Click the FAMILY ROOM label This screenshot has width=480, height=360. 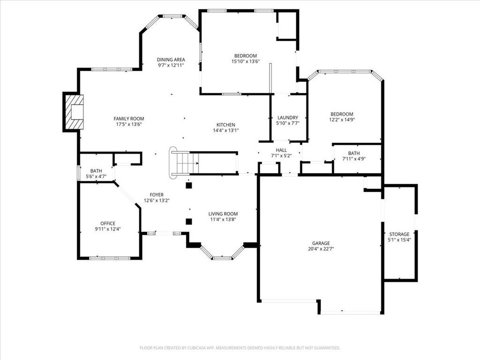[x=128, y=119]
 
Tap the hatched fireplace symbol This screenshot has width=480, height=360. [x=74, y=112]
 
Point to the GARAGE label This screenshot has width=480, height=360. [x=321, y=243]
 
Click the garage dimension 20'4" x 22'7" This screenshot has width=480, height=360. [x=321, y=249]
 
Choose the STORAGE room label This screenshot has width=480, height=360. [x=399, y=234]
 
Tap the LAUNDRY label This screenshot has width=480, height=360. [x=288, y=118]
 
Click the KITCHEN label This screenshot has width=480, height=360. [x=226, y=125]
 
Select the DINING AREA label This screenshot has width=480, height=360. [x=171, y=60]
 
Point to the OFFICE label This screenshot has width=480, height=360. [x=108, y=224]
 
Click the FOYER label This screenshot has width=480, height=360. [x=157, y=195]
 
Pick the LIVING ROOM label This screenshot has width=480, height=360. [x=223, y=214]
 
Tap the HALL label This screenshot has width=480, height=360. [x=281, y=150]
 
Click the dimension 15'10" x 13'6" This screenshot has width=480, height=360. [x=246, y=61]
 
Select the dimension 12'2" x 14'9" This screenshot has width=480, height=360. [x=342, y=120]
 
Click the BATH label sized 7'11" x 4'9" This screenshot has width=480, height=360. [x=354, y=153]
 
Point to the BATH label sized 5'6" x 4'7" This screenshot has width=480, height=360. [x=96, y=171]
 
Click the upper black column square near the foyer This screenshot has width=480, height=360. [x=189, y=185]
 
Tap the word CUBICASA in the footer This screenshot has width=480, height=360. [x=200, y=348]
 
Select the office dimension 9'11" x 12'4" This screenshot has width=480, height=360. [x=108, y=229]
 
